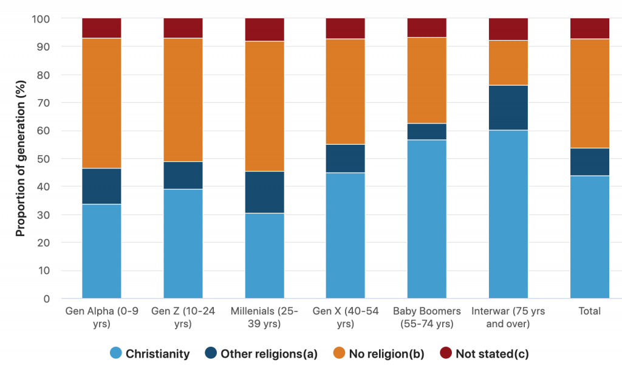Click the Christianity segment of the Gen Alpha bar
[x=101, y=251]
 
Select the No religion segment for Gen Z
[x=183, y=100]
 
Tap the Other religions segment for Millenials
[x=264, y=192]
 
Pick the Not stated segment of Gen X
[x=346, y=29]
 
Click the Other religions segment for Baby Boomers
[x=427, y=131]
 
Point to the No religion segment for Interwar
[x=508, y=63]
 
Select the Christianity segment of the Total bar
[x=590, y=237]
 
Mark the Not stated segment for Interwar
[x=508, y=29]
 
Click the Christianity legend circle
[x=115, y=353]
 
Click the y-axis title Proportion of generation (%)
[x=21, y=158]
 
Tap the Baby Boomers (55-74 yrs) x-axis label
[x=427, y=317]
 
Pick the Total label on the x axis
[x=590, y=311]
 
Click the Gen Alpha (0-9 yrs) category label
[x=101, y=317]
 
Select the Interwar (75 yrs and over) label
[x=508, y=317]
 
